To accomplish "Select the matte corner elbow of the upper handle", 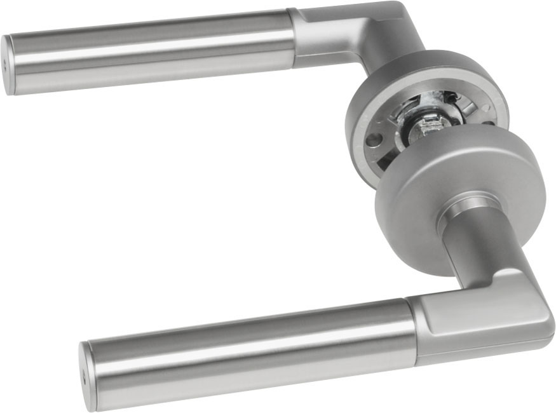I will point(356,32).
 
